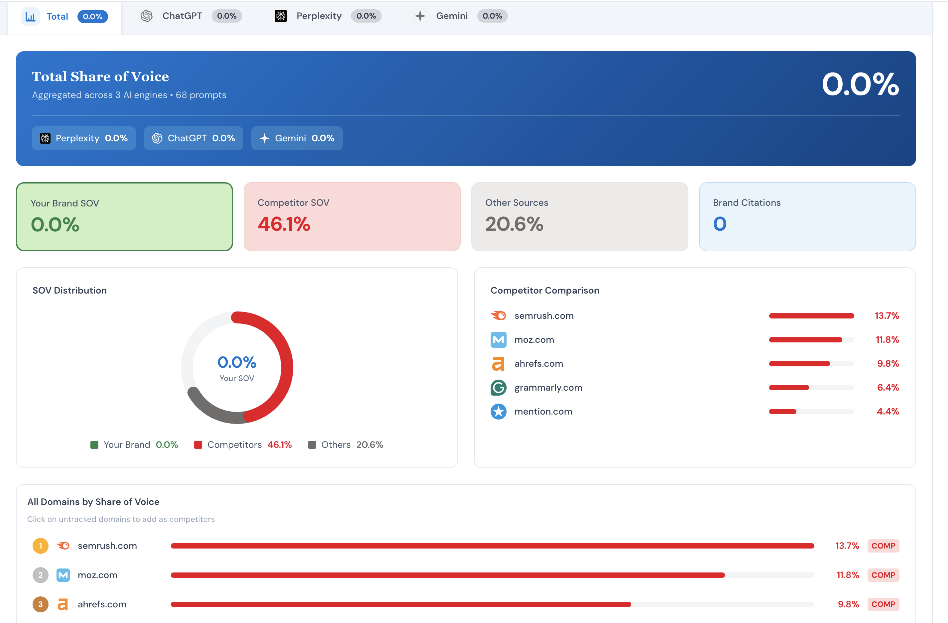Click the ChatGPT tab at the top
click(x=182, y=16)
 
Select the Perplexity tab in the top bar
click(x=319, y=16)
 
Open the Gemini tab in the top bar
click(x=451, y=16)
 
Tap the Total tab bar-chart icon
click(x=30, y=17)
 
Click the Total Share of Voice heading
click(x=100, y=76)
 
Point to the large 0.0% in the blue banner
click(x=860, y=84)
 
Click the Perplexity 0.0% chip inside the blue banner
click(x=84, y=138)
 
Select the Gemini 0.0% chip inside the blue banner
click(x=297, y=138)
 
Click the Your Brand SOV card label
click(x=65, y=203)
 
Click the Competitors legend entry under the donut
click(x=243, y=444)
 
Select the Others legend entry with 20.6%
click(x=346, y=444)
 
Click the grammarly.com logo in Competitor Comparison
click(x=498, y=388)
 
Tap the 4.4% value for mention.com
click(x=888, y=412)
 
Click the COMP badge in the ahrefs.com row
click(x=883, y=604)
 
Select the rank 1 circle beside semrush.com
click(x=40, y=546)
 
